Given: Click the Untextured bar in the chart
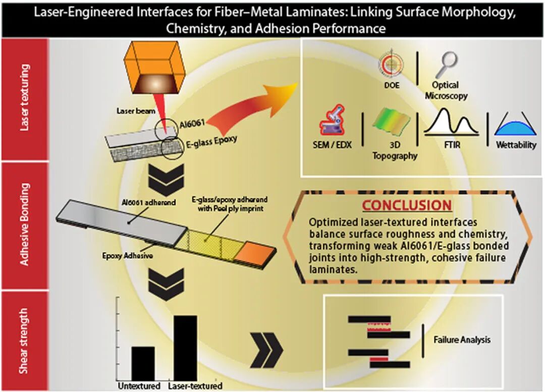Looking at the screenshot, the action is click(x=143, y=364).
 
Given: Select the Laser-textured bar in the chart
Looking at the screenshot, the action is click(x=185, y=348).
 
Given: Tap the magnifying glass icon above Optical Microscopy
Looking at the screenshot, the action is click(x=447, y=65).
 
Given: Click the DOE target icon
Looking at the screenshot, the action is click(x=392, y=65).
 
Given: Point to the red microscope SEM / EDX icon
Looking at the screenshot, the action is click(x=332, y=121).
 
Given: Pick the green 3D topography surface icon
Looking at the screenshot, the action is click(x=392, y=122).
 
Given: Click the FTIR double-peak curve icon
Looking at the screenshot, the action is click(x=451, y=122).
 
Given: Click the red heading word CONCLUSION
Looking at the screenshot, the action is click(x=407, y=205).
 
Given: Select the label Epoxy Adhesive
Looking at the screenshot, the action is click(x=127, y=256).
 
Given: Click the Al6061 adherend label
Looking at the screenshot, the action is click(x=149, y=202).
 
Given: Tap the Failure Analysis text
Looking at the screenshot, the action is click(x=462, y=340).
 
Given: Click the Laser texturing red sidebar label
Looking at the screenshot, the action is click(x=24, y=98).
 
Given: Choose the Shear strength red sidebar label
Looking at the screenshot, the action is click(x=24, y=341).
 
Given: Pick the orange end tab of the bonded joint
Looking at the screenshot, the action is click(x=254, y=252).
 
